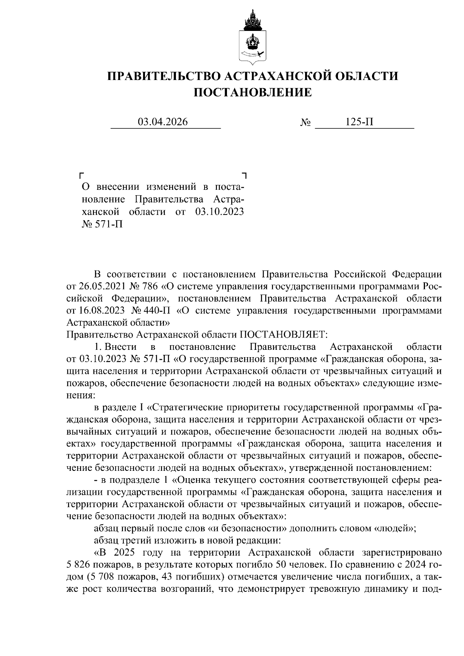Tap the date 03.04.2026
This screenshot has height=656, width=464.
coord(163,122)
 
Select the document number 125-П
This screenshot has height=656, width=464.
coord(360,122)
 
